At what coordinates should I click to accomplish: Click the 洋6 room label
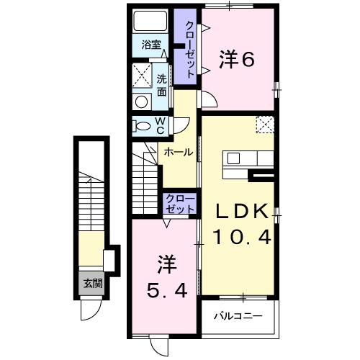coord(236,61)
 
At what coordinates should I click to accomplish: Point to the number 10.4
coord(243,237)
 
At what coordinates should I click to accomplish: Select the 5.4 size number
coord(165,290)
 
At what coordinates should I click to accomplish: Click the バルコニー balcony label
coord(238,316)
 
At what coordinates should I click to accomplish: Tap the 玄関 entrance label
coord(91,283)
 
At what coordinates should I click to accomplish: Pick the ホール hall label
coord(178,152)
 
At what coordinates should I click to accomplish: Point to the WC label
coord(161,125)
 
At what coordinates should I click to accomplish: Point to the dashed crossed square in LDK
coord(264,124)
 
